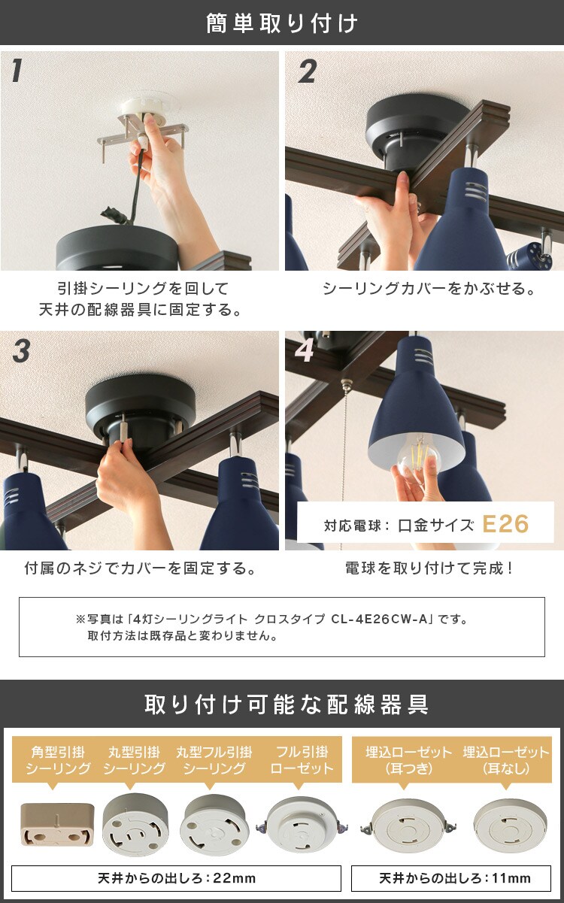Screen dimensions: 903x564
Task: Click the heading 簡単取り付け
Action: [x=282, y=23]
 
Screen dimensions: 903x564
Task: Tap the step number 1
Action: [x=17, y=71]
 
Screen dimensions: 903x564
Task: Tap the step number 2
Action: [x=307, y=71]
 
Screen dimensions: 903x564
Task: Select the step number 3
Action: [x=21, y=351]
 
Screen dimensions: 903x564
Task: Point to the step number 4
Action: [x=305, y=351]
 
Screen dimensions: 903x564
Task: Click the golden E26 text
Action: [x=505, y=523]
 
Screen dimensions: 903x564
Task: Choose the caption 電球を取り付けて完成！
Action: [x=429, y=568]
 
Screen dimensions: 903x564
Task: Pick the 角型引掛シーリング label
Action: [x=58, y=759]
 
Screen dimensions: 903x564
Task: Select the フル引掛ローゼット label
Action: [x=302, y=759]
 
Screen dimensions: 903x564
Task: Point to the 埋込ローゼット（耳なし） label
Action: [x=506, y=759]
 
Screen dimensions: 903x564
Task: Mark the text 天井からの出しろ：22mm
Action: [x=177, y=878]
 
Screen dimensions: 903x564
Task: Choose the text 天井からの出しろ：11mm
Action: [x=455, y=878]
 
